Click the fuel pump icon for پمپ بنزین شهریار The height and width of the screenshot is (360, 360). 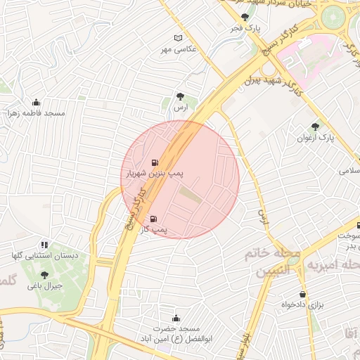(x=154, y=162)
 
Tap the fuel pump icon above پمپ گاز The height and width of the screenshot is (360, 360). (x=154, y=219)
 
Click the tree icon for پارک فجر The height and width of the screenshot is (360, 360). (x=245, y=18)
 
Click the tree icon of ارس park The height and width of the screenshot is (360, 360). (x=182, y=98)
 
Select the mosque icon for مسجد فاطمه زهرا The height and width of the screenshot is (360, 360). (x=36, y=103)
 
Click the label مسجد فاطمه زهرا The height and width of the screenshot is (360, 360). (x=36, y=113)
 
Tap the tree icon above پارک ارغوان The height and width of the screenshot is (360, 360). (x=315, y=127)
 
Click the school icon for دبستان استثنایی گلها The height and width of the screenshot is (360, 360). (x=44, y=245)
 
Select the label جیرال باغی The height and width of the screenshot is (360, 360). (x=45, y=286)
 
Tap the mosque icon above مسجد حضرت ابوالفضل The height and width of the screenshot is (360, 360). (x=176, y=318)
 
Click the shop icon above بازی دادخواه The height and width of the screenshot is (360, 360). (x=303, y=295)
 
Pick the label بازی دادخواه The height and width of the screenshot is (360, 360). (x=305, y=305)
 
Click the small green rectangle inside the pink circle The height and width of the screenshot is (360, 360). (x=191, y=195)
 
